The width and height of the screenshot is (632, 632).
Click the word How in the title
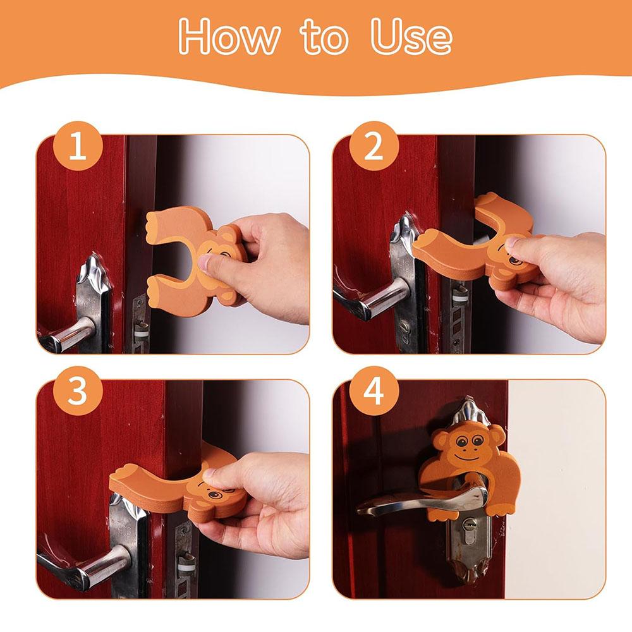[x=229, y=36]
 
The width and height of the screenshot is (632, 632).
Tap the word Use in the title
[x=411, y=36]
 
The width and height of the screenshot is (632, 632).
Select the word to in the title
[x=324, y=38]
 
